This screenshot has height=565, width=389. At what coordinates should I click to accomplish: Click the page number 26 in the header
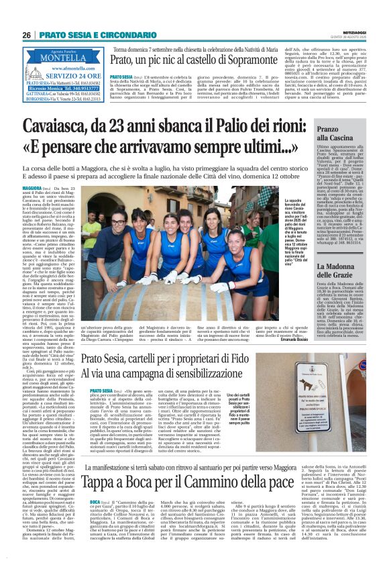click(x=27, y=35)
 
